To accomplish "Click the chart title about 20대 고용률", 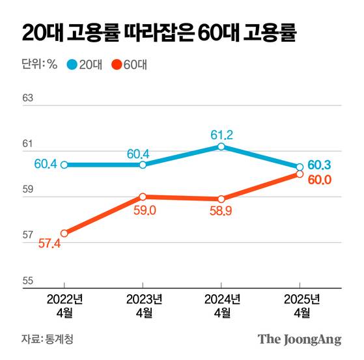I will [x=160, y=33].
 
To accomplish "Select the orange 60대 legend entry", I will [x=131, y=64].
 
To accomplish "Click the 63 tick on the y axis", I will [x=27, y=98].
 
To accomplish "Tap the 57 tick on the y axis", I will [x=27, y=236].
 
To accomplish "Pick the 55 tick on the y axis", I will [x=27, y=281].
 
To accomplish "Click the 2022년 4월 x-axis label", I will [x=64, y=306].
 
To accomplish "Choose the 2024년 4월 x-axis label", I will [x=221, y=306].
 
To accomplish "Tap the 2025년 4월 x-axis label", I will [x=300, y=306].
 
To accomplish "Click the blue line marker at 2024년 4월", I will [x=221, y=146].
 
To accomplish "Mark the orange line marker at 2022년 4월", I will [x=64, y=233].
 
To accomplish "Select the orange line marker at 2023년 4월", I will [x=143, y=197].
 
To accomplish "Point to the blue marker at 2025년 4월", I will [x=300, y=167].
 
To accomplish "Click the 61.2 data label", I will [x=221, y=135].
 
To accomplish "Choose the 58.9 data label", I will [x=221, y=211].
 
